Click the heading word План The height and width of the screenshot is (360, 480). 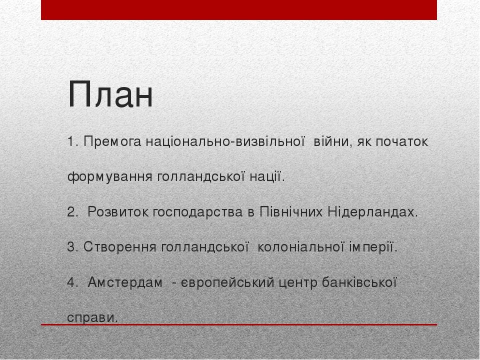[110, 94]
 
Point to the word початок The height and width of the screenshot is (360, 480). [402, 142]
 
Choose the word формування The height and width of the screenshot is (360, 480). [110, 176]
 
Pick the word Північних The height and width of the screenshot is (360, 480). [291, 212]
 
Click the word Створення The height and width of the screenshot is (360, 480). [119, 246]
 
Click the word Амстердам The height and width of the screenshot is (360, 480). [125, 282]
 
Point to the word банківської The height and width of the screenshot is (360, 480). [359, 282]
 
